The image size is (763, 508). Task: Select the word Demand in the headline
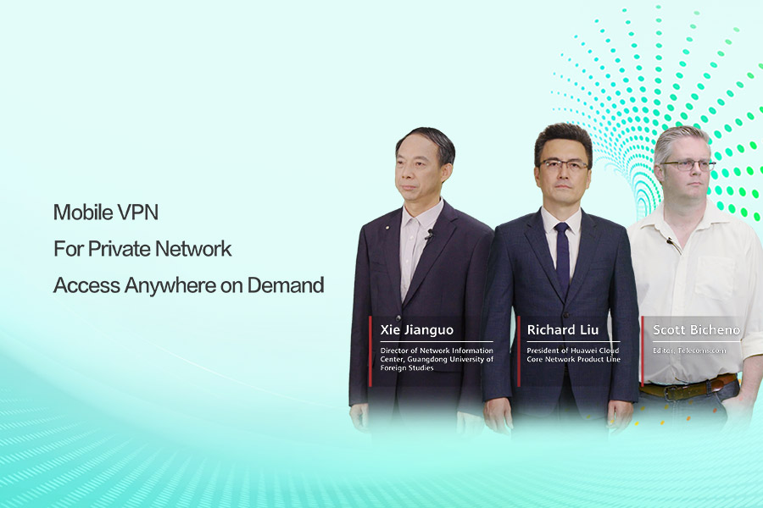pos(286,285)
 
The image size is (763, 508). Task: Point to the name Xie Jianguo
pos(416,330)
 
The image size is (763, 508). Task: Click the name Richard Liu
pos(563,330)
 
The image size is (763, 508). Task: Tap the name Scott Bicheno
pos(696,330)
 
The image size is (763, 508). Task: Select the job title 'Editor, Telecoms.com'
pos(689,351)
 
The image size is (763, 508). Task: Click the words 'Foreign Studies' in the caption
pos(407,368)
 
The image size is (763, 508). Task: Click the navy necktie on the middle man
pos(563,255)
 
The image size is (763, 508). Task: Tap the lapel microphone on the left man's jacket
pos(429,235)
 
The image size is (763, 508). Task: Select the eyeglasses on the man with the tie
pos(564,165)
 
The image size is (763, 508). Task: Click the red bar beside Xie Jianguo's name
pos(370,351)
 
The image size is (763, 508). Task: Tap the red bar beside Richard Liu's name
pos(519,351)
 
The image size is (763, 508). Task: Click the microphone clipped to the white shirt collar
pos(671,241)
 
